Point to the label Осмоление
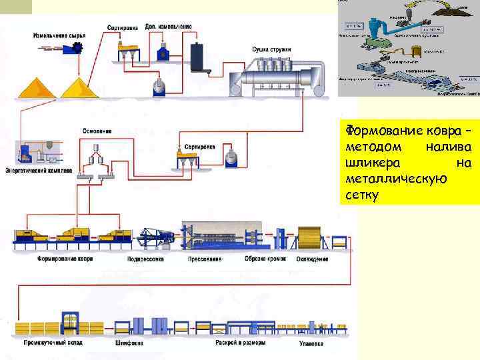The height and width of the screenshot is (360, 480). pos(97,131)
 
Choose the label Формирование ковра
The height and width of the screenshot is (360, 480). pos(65,258)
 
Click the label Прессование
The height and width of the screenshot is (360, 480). pos(205,258)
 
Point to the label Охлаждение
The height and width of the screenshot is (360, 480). pos(313,259)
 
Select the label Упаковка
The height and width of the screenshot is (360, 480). pos(310,344)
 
